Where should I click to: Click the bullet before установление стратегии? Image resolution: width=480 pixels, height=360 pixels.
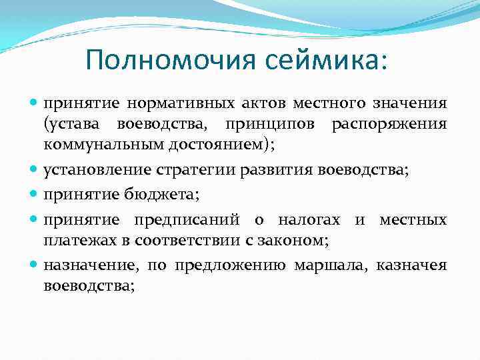coord(34,171)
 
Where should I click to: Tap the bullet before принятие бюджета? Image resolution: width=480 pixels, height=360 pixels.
coord(34,195)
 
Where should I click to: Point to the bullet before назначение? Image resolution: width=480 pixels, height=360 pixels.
coord(34,266)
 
